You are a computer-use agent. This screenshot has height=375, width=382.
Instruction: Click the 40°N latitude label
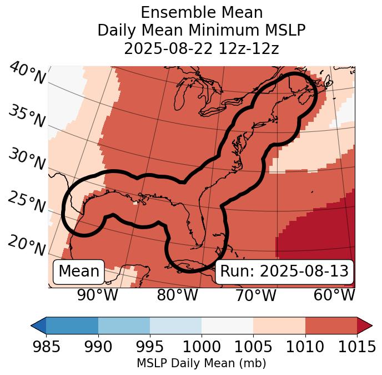tap(27, 73)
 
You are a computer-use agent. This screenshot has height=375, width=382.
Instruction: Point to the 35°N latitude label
tap(27, 117)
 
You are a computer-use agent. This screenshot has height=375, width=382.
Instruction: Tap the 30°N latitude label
tap(27, 160)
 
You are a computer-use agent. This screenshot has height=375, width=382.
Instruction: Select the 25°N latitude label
tap(27, 203)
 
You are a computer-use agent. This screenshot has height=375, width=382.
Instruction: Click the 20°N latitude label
tap(27, 245)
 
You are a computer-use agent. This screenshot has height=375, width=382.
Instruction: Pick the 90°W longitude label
tap(98, 295)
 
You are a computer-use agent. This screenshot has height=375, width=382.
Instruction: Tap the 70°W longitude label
tap(255, 295)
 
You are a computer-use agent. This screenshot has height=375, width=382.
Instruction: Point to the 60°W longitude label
tap(334, 295)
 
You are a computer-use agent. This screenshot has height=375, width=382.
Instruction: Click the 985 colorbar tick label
tap(47, 347)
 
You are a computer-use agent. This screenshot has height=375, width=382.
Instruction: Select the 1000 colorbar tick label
tap(202, 347)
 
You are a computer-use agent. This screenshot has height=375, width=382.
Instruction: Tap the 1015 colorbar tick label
tap(356, 347)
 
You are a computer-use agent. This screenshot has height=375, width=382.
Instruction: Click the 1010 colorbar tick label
tap(305, 347)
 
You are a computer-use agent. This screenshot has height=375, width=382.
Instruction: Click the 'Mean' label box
tap(79, 272)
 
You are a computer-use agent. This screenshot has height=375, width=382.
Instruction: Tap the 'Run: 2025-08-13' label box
tap(284, 272)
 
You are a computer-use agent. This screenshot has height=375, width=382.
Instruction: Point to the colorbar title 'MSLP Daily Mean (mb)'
tap(202, 363)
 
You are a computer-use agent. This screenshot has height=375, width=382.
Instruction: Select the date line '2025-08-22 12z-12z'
tap(202, 48)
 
